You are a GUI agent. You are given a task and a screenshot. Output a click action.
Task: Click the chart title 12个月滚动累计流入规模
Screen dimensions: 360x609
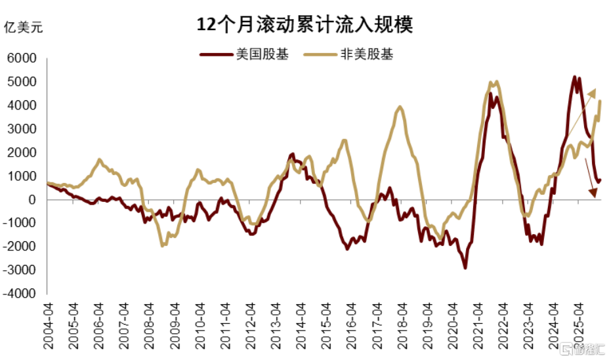point(305,26)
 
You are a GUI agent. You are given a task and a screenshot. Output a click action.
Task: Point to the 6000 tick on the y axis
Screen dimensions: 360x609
point(22,58)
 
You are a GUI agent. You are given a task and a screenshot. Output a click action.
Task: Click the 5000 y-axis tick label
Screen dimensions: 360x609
point(22,82)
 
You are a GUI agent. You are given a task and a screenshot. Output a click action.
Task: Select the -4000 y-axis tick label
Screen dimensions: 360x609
point(20,294)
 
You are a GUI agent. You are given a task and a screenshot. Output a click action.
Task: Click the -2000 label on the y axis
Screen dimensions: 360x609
point(20,247)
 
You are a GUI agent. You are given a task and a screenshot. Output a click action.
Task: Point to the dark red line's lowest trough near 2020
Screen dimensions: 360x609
point(465,268)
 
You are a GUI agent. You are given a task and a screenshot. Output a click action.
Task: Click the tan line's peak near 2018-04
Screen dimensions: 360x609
point(400,107)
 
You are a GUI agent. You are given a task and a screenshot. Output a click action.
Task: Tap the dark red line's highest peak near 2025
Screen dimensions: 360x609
point(575,77)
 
